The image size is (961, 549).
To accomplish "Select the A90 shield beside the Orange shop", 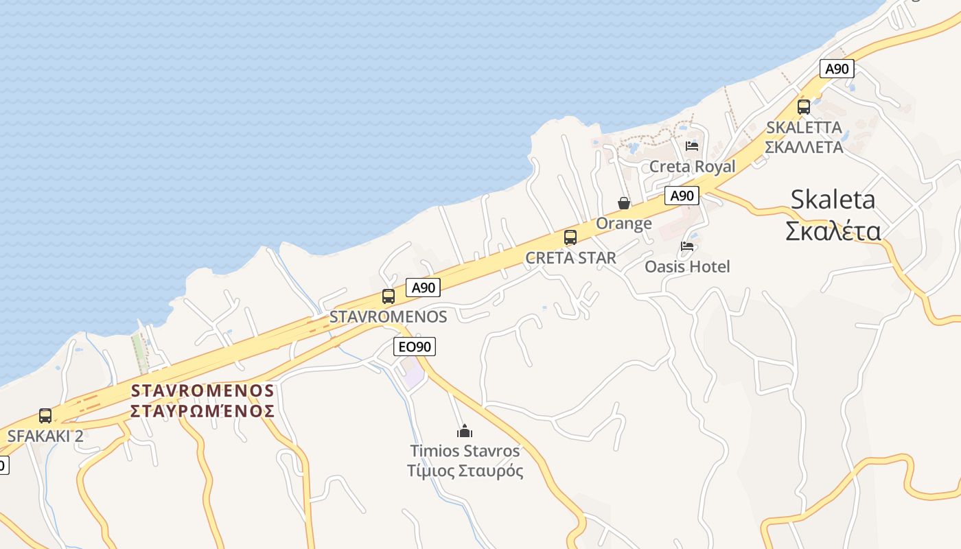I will pos(682,196).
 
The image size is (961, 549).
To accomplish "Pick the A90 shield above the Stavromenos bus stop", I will pos(423,288).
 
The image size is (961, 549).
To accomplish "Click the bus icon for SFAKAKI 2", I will pos(45,416).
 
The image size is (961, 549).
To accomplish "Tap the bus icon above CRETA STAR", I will pos(570,238).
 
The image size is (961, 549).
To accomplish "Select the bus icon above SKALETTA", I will pos(804,107).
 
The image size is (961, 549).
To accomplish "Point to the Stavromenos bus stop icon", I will pos(389,296).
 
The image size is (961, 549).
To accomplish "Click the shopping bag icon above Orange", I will pos(624,203).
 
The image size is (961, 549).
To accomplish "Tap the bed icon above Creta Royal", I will pos(692,145).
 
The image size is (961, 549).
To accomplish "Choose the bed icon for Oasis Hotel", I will pos(687,246).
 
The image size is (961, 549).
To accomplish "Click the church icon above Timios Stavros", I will pos(465,431).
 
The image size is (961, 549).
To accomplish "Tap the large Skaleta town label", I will pos(833,200).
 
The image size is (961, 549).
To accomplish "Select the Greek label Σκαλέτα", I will pos(833,231).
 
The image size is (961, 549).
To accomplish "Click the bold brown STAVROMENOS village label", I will pos(202,390).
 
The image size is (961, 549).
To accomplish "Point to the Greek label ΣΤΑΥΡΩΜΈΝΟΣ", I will pos(202,411).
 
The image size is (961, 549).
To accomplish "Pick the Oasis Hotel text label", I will pos(687,266).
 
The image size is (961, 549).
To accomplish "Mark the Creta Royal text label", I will pos(692,167).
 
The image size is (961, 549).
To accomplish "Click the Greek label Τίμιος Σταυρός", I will pos(465,471).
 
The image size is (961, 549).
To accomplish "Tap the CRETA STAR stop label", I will pos(570,259).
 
